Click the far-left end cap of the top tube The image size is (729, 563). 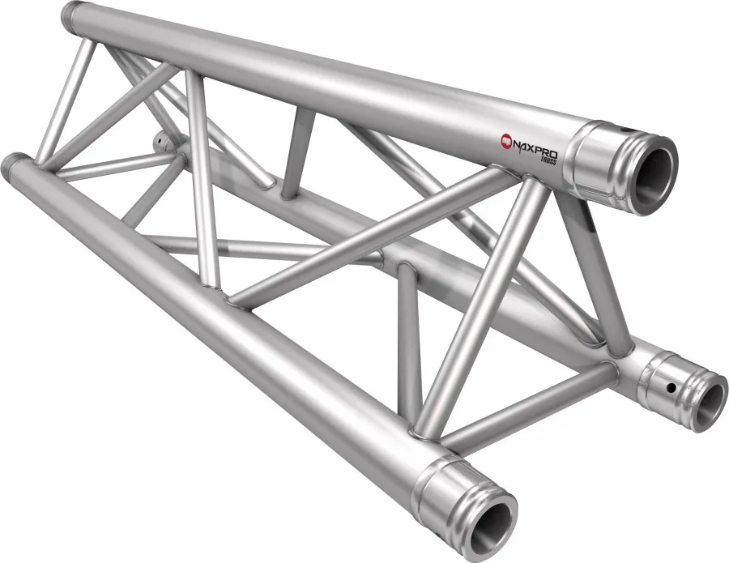coord(74,15)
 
